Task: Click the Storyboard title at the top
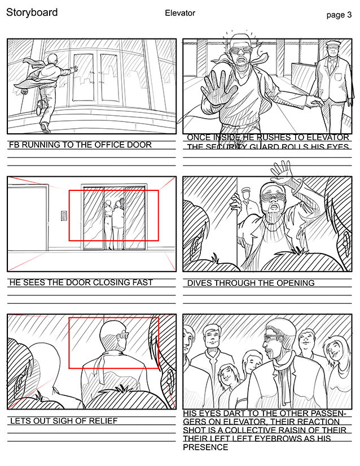32,12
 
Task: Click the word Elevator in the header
180,13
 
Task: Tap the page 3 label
339,15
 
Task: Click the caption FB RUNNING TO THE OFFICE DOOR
80,145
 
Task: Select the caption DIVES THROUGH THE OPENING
251,283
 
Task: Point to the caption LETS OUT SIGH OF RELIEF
64,421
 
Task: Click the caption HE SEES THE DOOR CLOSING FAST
81,282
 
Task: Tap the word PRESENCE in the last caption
205,447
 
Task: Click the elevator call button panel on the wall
64,216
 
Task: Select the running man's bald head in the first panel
52,58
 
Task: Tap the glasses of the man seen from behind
123,335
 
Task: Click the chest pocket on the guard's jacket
339,77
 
